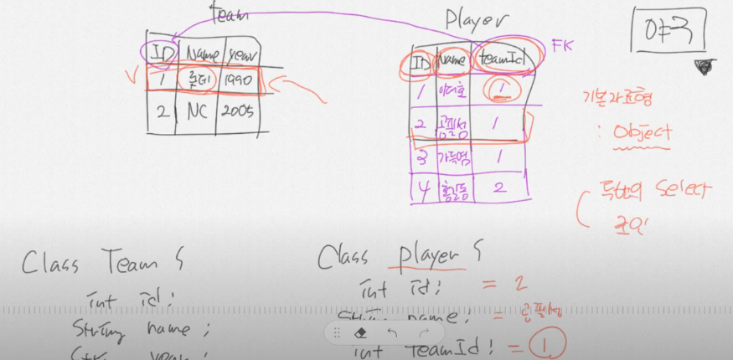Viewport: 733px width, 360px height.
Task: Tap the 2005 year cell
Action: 237,114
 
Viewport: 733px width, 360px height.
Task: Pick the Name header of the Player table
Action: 452,60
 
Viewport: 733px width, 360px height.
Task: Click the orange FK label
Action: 560,44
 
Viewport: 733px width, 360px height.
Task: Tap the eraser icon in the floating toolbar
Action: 374,332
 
